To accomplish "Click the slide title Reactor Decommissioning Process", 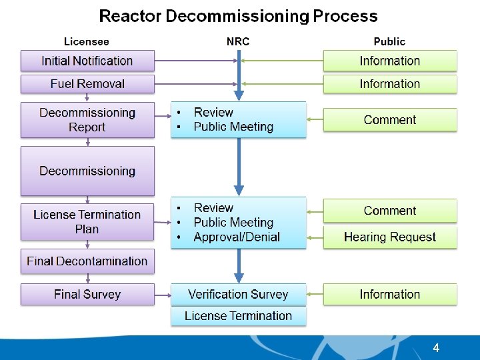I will coord(238,16).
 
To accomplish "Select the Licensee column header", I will coord(87,41).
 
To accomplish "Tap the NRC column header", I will coord(238,41).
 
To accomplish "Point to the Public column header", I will coord(389,41).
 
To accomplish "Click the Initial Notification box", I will coord(87,61).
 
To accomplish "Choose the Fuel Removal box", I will coord(87,84).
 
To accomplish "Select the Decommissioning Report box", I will coord(87,120).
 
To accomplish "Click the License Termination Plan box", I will coord(87,222).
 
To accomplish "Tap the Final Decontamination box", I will coord(87,261).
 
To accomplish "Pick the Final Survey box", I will coord(87,294).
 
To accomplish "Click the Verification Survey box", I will coord(238,294).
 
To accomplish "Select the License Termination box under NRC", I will coord(238,316).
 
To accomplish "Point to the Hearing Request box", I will coord(390,237).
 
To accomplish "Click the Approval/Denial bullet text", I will coord(237,237).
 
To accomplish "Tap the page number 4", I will coord(436,348).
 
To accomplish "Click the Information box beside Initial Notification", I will coord(390,61).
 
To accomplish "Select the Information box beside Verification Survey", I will coord(390,294).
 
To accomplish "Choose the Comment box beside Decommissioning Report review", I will coord(390,120).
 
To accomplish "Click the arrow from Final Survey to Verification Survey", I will coord(163,294).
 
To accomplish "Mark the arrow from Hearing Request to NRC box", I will coord(315,237).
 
